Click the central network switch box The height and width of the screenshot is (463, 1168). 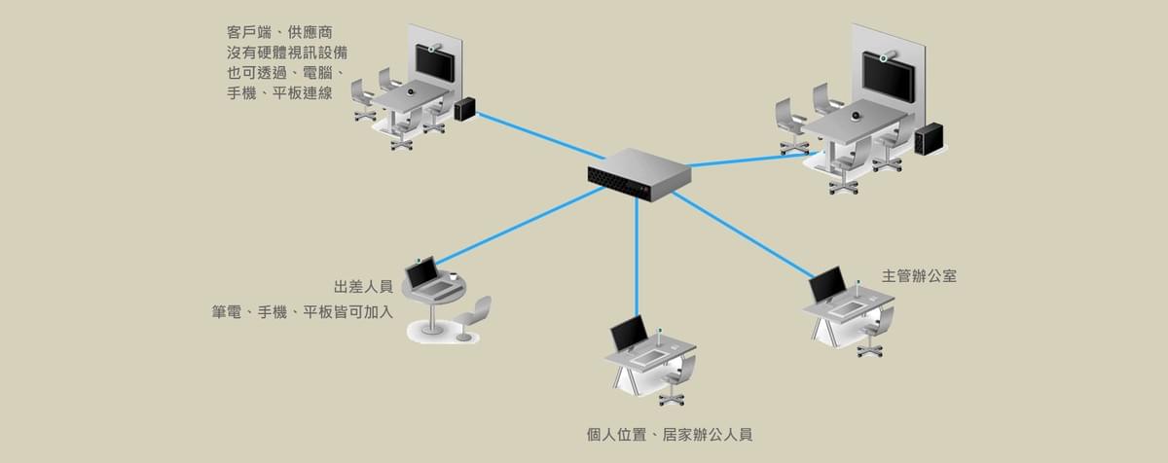click(639, 174)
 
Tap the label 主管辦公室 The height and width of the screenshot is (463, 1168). click(918, 275)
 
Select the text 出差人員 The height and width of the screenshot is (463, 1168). click(362, 287)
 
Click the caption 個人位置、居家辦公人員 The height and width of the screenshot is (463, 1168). click(670, 434)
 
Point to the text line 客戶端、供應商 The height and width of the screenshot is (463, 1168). click(279, 32)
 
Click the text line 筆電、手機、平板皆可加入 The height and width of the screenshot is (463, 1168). click(303, 312)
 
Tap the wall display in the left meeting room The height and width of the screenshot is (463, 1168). click(434, 62)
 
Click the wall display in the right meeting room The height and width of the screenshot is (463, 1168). click(887, 77)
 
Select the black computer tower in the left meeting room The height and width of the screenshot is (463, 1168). click(465, 108)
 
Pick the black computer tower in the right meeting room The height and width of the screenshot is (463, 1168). click(929, 140)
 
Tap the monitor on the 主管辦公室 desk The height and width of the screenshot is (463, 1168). click(828, 285)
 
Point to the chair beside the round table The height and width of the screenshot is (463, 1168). click(473, 317)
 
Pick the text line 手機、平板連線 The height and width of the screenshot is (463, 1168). click(279, 93)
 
